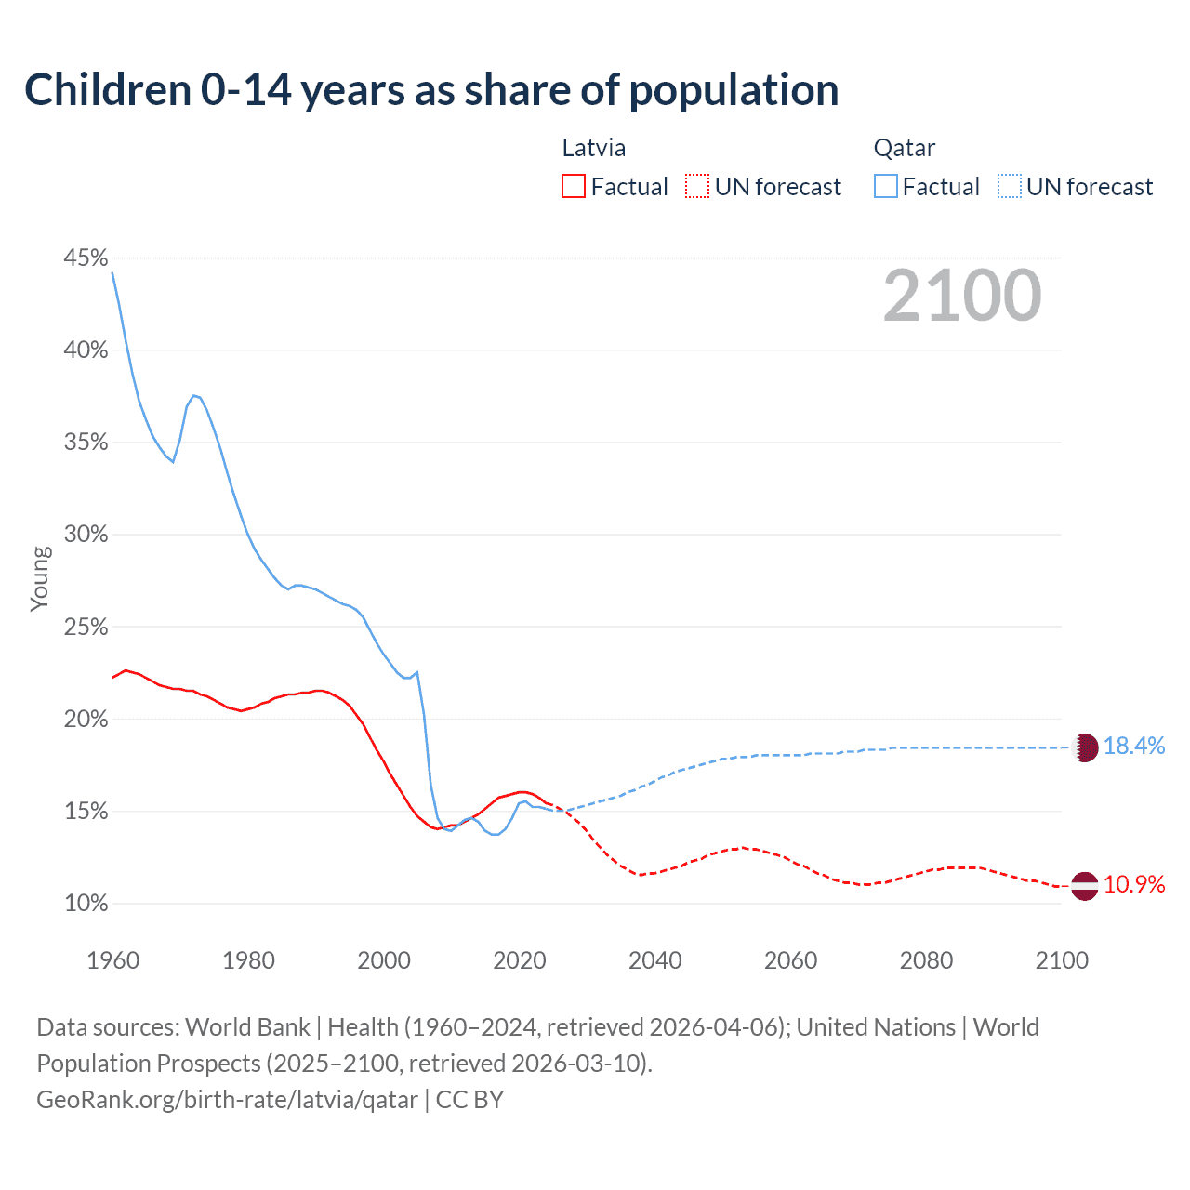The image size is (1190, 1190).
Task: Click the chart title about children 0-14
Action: pos(431,90)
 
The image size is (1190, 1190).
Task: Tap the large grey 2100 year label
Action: pos(962,296)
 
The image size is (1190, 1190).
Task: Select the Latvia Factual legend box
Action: pos(574,186)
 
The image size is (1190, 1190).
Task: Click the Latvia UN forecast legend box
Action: pos(697,186)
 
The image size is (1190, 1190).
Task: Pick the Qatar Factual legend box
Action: pos(886,186)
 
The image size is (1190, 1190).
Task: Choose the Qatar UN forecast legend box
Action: pos(1009,186)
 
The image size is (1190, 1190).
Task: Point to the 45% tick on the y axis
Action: pos(86,258)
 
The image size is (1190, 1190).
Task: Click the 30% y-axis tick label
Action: pos(86,535)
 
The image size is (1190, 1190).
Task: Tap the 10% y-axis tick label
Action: pos(86,904)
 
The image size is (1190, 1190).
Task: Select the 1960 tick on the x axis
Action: pos(112,960)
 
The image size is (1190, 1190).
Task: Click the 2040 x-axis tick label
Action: pos(655,960)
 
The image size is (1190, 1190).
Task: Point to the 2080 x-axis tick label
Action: pos(926,960)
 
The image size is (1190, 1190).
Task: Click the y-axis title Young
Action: pos(40,578)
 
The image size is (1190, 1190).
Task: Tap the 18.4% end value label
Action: pos(1134,747)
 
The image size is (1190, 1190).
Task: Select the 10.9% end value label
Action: pos(1134,884)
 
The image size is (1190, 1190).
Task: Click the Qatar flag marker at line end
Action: pos(1085,747)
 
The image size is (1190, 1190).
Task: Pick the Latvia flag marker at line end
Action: pos(1085,886)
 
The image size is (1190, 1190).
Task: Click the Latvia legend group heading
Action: pos(594,148)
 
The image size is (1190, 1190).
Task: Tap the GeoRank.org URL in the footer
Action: pos(227,1100)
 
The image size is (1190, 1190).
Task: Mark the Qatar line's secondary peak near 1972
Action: pos(194,395)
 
